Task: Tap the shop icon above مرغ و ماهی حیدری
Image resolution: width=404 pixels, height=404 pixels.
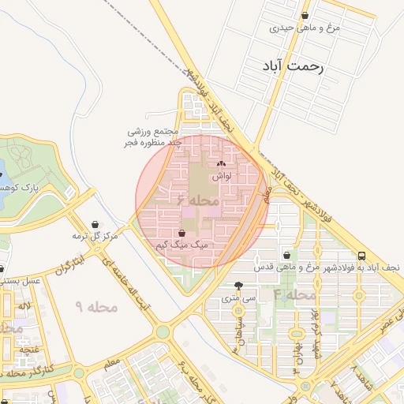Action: click(x=305, y=16)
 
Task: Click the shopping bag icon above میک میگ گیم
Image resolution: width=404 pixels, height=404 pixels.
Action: click(x=183, y=233)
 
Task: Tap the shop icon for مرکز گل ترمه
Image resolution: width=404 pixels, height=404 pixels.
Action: click(x=95, y=224)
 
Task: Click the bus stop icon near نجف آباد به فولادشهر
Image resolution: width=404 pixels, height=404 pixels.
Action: click(x=361, y=256)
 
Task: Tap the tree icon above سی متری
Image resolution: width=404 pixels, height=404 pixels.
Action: click(x=239, y=286)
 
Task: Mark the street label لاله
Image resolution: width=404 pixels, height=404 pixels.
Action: click(x=25, y=305)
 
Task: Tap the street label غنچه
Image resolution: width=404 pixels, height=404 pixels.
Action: click(x=28, y=348)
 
